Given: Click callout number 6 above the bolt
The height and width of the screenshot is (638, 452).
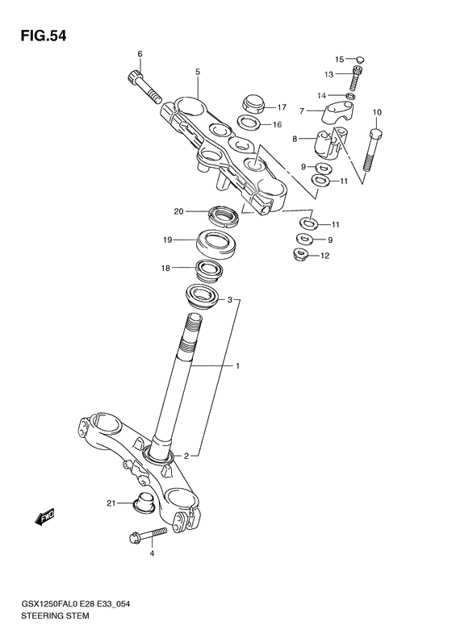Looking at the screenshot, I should pyautogui.click(x=139, y=54).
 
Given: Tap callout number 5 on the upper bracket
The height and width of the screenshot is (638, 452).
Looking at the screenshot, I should pyautogui.click(x=197, y=72).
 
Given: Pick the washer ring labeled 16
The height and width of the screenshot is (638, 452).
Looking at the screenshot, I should pyautogui.click(x=248, y=123).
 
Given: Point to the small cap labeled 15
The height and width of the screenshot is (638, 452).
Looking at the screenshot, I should pyautogui.click(x=360, y=59).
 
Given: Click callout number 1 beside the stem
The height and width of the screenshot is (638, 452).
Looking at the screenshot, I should pyautogui.click(x=238, y=366).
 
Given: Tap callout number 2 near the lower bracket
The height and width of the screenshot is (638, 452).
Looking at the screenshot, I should pyautogui.click(x=186, y=455).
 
